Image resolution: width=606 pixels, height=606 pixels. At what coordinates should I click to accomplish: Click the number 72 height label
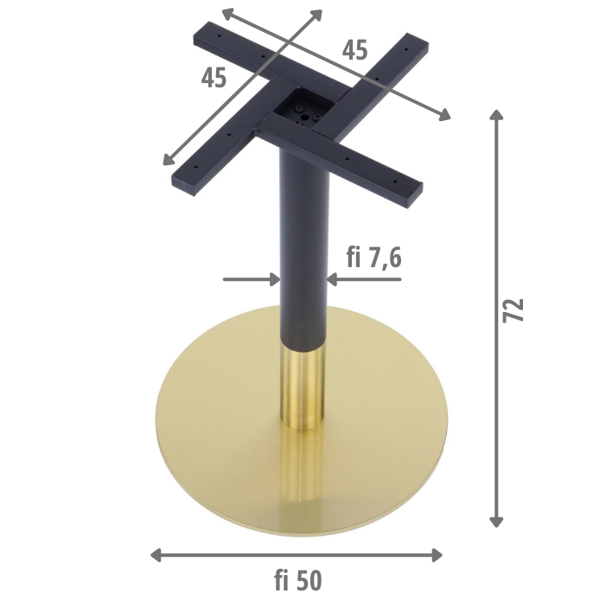point(514,310)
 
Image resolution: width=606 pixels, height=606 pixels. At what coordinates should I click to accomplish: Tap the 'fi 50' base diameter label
point(298,580)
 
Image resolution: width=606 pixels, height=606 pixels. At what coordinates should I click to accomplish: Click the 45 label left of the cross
point(214,77)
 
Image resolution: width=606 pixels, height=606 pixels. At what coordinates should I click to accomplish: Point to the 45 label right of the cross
point(354,50)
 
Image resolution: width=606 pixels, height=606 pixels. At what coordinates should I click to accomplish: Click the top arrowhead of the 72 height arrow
point(496,115)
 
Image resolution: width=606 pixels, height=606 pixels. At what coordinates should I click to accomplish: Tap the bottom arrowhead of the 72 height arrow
point(496,522)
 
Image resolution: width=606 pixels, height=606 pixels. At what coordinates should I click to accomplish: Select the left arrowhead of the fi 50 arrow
point(156,555)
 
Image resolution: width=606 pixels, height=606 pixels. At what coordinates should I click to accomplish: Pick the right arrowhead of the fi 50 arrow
point(437,555)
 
